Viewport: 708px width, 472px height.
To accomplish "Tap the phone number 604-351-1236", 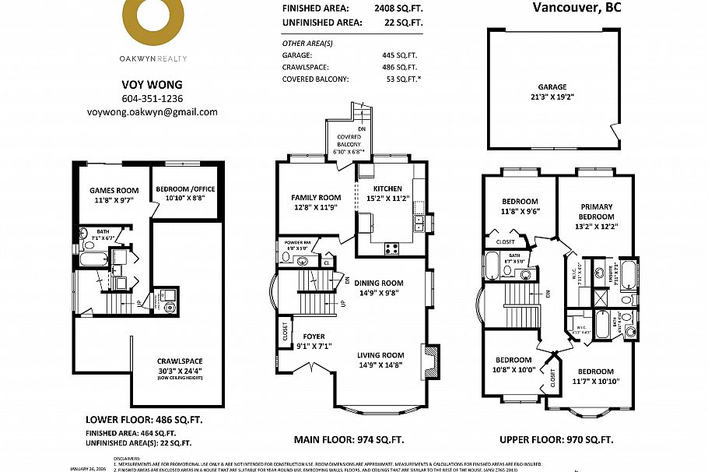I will [x=152, y=99].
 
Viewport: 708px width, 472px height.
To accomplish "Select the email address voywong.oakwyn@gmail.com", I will [x=152, y=112].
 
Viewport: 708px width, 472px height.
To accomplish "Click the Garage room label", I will [x=552, y=93].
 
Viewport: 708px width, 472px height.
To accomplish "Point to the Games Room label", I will [x=114, y=195].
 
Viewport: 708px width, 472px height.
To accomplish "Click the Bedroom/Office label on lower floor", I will [x=185, y=194].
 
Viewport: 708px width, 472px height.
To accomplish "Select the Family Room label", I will [x=316, y=203].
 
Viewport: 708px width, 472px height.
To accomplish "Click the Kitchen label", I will [x=387, y=194].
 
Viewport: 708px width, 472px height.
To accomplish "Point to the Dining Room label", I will [x=380, y=288].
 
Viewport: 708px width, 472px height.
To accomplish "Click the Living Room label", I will [x=381, y=361].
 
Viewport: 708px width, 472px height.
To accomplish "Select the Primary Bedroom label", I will [x=597, y=217].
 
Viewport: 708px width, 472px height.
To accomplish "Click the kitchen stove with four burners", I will [x=392, y=249].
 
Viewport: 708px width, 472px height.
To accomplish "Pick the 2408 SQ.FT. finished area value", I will [x=397, y=7].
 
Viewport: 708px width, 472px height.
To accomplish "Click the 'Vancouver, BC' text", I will [x=577, y=9].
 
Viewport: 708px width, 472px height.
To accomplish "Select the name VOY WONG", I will [x=152, y=84].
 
